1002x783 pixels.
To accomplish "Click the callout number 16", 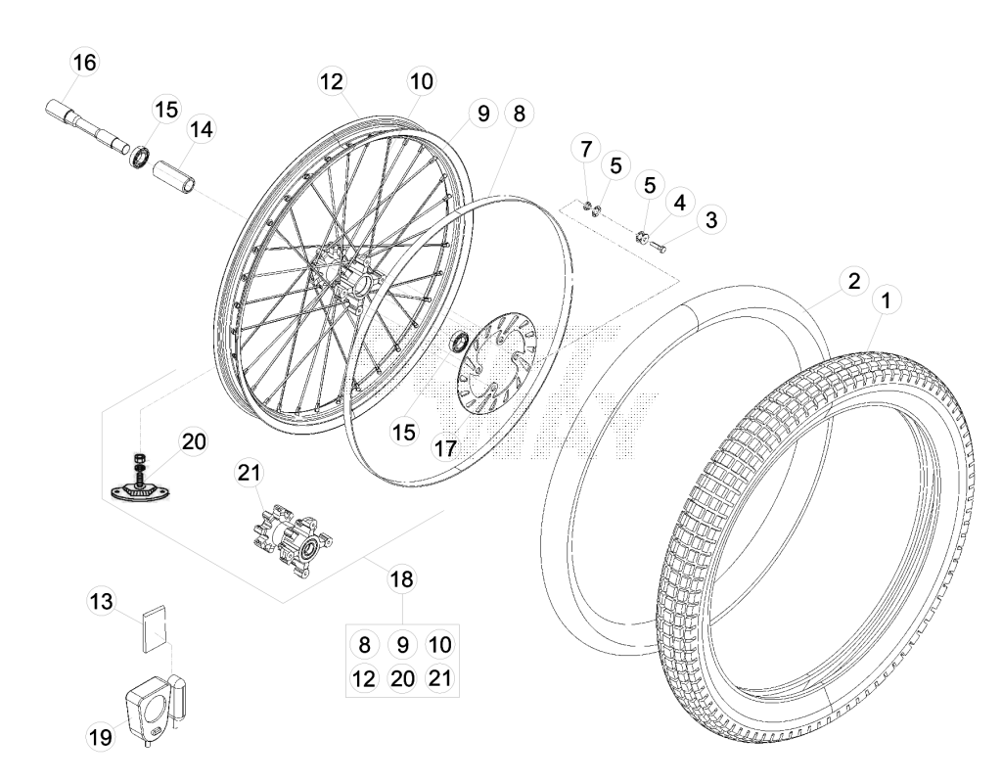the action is coord(84,63).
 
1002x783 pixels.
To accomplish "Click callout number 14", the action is coord(202,130).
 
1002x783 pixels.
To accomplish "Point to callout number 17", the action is coord(445,448).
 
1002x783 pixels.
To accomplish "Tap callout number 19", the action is coord(100,738).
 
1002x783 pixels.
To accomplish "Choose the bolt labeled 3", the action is coord(657,246).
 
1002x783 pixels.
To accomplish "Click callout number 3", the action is coord(711,220).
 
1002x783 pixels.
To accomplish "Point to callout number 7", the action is coord(586,150).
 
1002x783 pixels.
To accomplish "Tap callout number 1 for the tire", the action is coord(886,300).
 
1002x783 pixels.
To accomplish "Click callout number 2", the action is coord(854,281).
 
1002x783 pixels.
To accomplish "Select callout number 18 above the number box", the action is coord(401,579).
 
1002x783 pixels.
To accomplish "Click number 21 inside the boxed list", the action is coord(439,677).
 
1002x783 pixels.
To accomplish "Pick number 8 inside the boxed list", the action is coord(364,644).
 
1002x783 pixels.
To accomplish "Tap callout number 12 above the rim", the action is coord(332,81).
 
